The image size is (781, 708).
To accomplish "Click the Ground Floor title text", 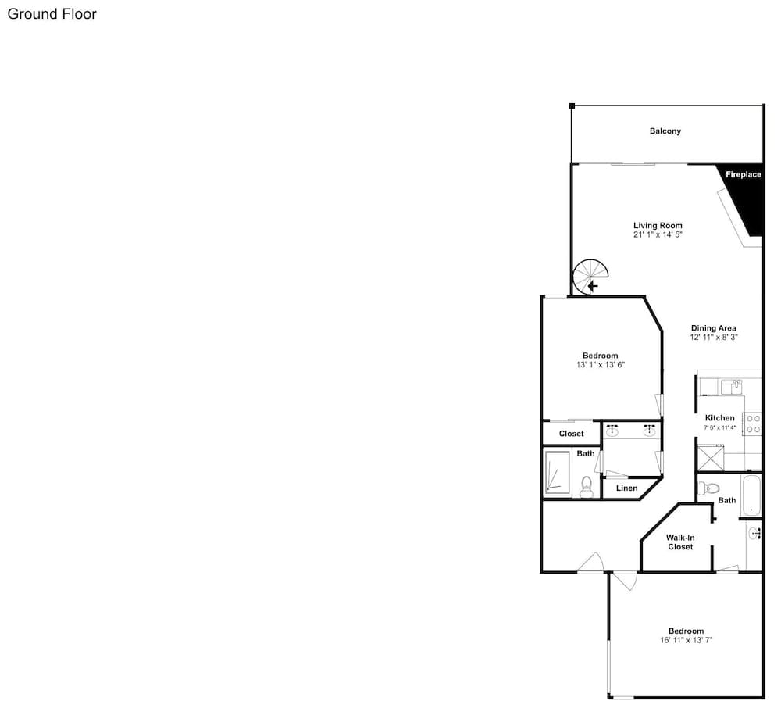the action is pos(52,14).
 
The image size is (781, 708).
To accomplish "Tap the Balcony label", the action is pos(665,131).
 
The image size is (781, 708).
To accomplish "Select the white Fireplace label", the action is pos(744,174).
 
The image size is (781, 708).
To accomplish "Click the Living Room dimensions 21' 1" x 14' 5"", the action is pos(658,234).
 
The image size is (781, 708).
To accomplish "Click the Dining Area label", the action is pos(713,328).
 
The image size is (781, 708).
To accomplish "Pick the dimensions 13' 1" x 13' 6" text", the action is pos(600,365).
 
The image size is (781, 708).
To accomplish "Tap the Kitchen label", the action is pos(720,418).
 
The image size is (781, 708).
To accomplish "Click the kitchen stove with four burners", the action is pos(753,424).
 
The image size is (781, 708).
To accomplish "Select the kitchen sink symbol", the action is pos(732,387).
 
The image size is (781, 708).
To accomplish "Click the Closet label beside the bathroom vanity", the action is pos(572,434).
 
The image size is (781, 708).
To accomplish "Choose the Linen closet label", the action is pos(626,488).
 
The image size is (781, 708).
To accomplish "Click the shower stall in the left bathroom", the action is pos(558,472).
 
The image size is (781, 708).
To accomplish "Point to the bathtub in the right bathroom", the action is pos(751,495).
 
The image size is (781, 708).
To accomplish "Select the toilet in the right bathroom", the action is pos(708,488).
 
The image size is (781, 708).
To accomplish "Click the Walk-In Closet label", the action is pos(680,542).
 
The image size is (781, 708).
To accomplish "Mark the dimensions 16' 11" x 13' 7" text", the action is pos(686,640).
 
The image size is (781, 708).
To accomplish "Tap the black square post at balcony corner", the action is pos(572,105).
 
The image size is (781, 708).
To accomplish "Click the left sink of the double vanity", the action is pos(612,431).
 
